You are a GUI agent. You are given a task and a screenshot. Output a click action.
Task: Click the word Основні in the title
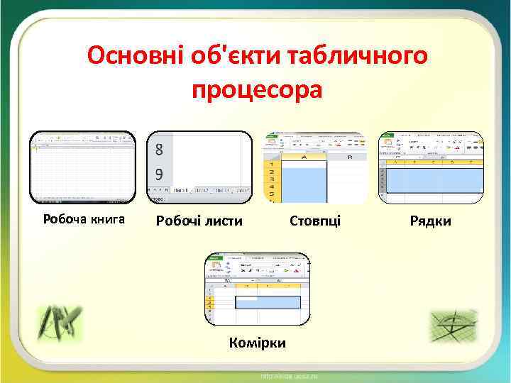[134, 55]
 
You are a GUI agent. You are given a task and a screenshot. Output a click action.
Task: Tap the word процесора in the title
[256, 90]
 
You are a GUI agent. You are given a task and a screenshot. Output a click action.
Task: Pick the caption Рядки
[430, 221]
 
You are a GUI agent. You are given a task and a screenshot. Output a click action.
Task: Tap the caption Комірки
[258, 343]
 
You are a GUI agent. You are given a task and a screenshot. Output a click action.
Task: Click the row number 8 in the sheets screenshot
[159, 150]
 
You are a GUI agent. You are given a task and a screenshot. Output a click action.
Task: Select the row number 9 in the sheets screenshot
[159, 174]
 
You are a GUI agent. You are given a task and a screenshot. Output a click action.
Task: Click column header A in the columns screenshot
[304, 157]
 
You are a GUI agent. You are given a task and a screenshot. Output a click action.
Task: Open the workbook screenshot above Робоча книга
[82, 167]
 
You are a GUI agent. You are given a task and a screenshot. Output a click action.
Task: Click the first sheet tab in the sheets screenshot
[182, 190]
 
